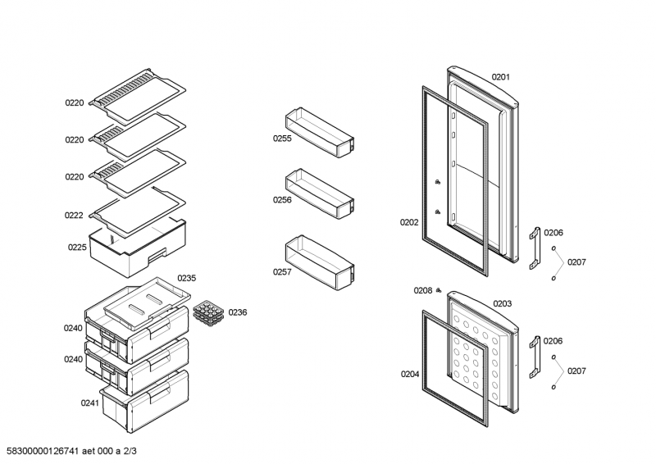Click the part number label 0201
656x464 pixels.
click(x=500, y=77)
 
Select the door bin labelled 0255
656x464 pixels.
click(x=320, y=132)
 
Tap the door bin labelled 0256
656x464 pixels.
click(x=320, y=193)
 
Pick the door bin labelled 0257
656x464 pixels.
click(x=320, y=262)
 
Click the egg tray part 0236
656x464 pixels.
click(x=209, y=313)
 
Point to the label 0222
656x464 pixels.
click(x=74, y=216)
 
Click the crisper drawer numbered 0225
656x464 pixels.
click(x=138, y=248)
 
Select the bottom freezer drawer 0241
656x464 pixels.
click(x=145, y=402)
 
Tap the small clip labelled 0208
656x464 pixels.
click(x=439, y=290)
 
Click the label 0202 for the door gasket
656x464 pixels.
click(x=408, y=223)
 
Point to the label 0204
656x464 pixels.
click(x=409, y=375)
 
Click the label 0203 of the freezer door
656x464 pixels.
click(x=502, y=304)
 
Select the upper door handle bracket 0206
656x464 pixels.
click(x=535, y=248)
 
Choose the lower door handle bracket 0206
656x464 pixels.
click(x=535, y=357)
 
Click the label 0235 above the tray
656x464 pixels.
click(x=187, y=278)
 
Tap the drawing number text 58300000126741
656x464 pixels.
click(x=43, y=451)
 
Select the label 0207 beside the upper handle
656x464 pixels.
click(x=576, y=262)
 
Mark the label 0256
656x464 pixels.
click(x=282, y=200)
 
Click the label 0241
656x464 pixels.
click(x=89, y=403)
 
